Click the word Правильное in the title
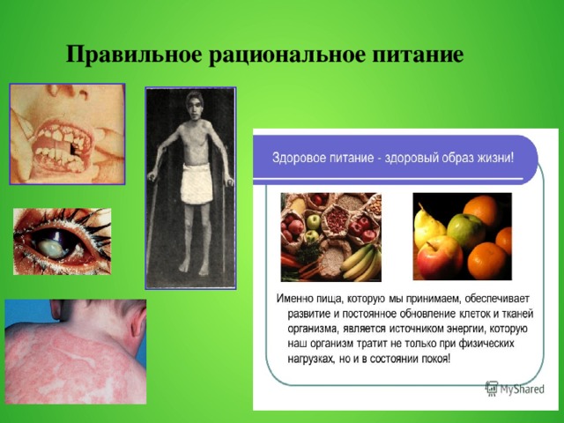135,56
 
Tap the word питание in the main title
414,56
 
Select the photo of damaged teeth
67,133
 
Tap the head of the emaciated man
192,111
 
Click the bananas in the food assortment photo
361,262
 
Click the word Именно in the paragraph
297,298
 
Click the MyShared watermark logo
516,388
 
